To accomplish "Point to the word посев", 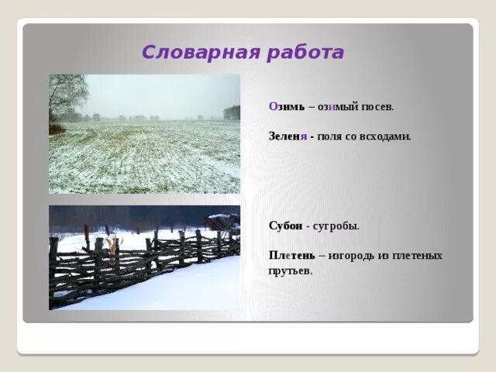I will (x=379, y=107).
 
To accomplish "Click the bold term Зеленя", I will (x=288, y=136).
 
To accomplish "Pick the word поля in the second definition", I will (x=329, y=136).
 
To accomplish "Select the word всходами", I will (x=385, y=136).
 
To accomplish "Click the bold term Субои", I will (x=285, y=226).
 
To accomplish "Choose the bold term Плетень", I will (x=290, y=255).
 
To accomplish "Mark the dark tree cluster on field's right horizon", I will (x=232, y=112).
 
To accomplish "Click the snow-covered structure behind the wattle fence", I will (x=223, y=222).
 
